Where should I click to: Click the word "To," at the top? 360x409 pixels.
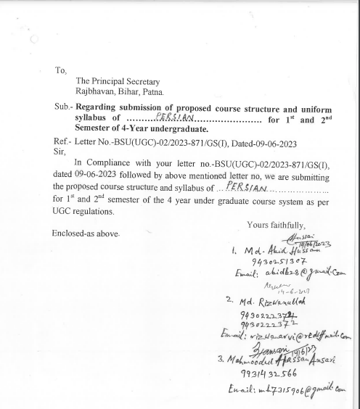point(61,70)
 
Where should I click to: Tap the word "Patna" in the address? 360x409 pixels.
point(152,92)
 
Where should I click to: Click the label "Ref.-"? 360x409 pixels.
point(62,144)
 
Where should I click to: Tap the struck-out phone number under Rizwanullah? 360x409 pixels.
point(259,315)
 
